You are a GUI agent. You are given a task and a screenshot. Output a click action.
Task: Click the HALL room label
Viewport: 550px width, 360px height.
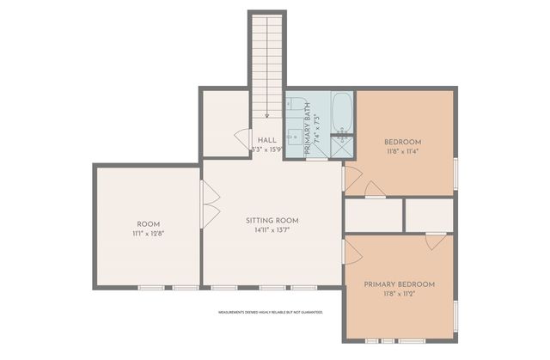pyautogui.click(x=266, y=139)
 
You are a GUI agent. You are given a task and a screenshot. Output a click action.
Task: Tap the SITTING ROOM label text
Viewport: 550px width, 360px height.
pyautogui.click(x=271, y=221)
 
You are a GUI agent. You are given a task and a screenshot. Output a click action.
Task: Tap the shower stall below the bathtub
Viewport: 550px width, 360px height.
pyautogui.click(x=343, y=146)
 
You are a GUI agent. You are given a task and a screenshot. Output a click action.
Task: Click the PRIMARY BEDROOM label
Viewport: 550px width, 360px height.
pyautogui.click(x=399, y=284)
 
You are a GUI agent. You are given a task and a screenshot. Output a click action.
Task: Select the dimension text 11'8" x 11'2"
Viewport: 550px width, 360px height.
pyautogui.click(x=399, y=295)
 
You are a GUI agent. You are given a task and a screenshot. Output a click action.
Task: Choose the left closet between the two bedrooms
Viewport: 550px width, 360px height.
pyautogui.click(x=372, y=214)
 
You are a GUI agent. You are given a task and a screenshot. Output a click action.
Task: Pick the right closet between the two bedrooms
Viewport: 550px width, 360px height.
pyautogui.click(x=430, y=214)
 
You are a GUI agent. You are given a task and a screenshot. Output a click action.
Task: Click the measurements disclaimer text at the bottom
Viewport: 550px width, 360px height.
pyautogui.click(x=270, y=312)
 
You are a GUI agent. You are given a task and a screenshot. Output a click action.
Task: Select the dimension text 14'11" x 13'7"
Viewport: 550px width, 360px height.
pyautogui.click(x=271, y=231)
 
